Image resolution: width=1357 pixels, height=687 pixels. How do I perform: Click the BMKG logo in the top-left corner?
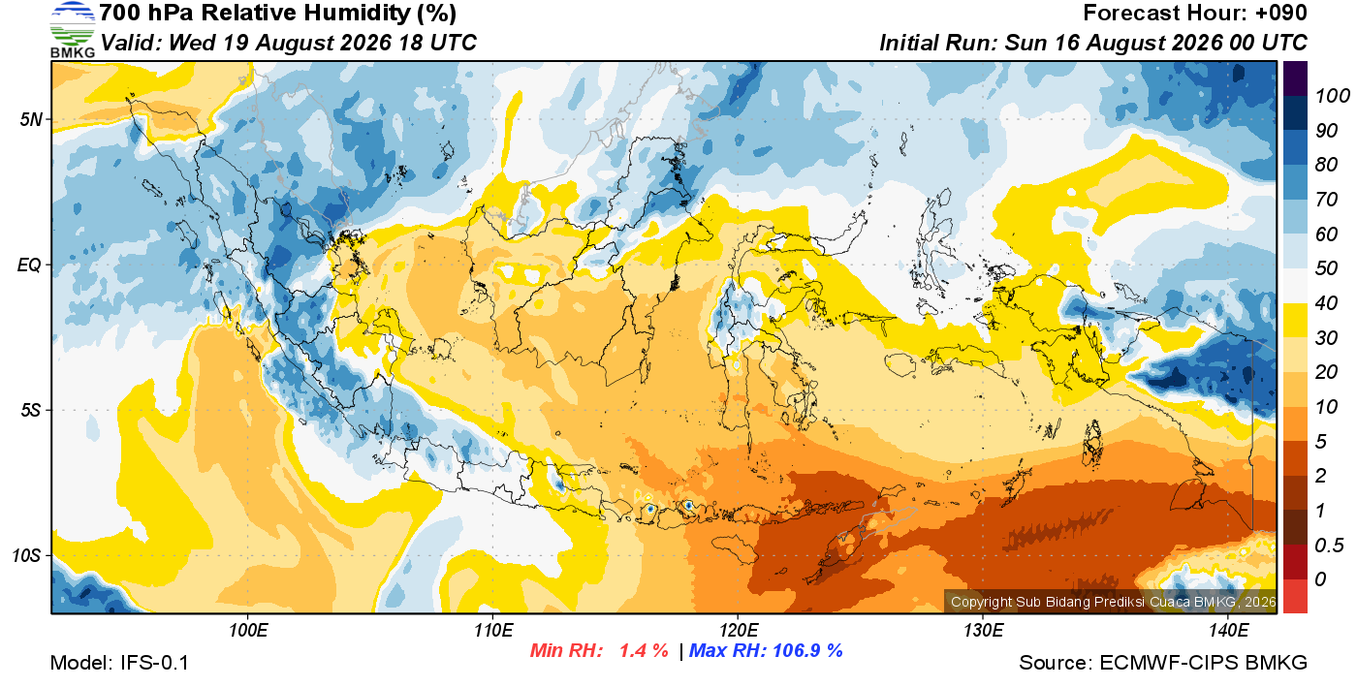pos(73,30)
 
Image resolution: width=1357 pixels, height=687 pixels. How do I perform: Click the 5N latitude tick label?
pos(31,119)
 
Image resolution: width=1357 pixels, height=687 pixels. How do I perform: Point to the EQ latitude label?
pos(30,265)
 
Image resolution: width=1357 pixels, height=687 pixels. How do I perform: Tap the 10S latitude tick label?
pos(27,555)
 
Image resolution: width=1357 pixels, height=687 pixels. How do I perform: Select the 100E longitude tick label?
pos(248,630)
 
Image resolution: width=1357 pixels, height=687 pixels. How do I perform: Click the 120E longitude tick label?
pos(739,630)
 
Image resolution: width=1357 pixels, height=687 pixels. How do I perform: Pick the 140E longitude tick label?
pos(1229,630)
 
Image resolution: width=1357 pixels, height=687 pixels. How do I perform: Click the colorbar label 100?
pos(1332,96)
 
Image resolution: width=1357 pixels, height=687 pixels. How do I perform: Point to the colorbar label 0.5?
pos(1329,546)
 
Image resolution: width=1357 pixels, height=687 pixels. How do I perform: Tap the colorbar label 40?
pos(1326,303)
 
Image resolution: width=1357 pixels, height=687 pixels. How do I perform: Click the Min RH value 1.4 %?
pos(644,650)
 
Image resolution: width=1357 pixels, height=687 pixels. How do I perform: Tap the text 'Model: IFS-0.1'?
pos(119,663)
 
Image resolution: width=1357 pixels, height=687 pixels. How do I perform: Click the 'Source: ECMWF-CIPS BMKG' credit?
pos(1163,663)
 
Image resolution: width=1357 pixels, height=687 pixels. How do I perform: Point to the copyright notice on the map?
pos(1114,602)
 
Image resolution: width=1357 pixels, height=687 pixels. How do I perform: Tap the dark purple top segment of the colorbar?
pos(1295,78)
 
